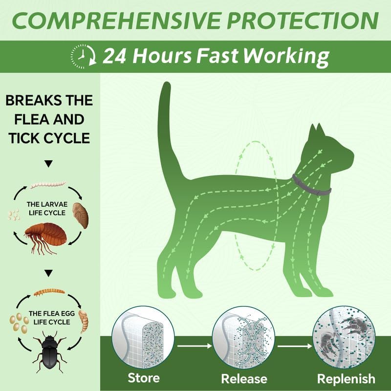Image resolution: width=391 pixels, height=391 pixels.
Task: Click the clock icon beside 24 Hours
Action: [x=83, y=56]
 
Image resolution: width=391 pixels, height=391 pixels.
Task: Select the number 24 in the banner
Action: [x=115, y=56]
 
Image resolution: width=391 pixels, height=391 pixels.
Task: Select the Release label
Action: [x=244, y=379]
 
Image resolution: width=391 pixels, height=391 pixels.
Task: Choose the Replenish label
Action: [x=346, y=379]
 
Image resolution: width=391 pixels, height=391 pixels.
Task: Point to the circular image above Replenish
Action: [x=344, y=337]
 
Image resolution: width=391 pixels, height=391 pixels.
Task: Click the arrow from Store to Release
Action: [x=193, y=347]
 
